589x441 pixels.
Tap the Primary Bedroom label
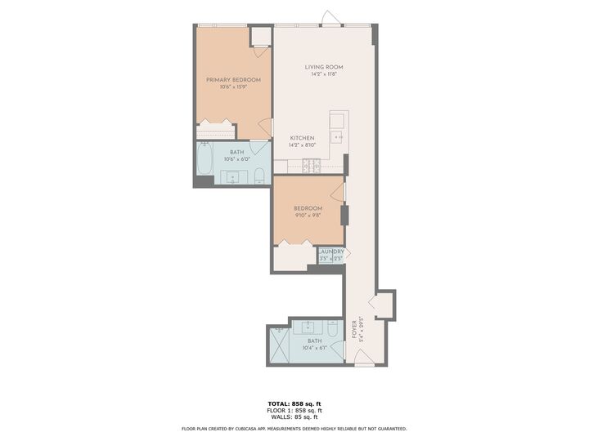(233, 79)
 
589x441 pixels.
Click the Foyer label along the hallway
(354, 328)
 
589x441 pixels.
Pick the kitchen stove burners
(311, 166)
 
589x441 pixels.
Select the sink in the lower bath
(311, 329)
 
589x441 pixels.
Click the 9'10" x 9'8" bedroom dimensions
(307, 216)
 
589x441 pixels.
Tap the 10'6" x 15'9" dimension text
(233, 87)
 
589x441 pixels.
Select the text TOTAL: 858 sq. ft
(294, 403)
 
